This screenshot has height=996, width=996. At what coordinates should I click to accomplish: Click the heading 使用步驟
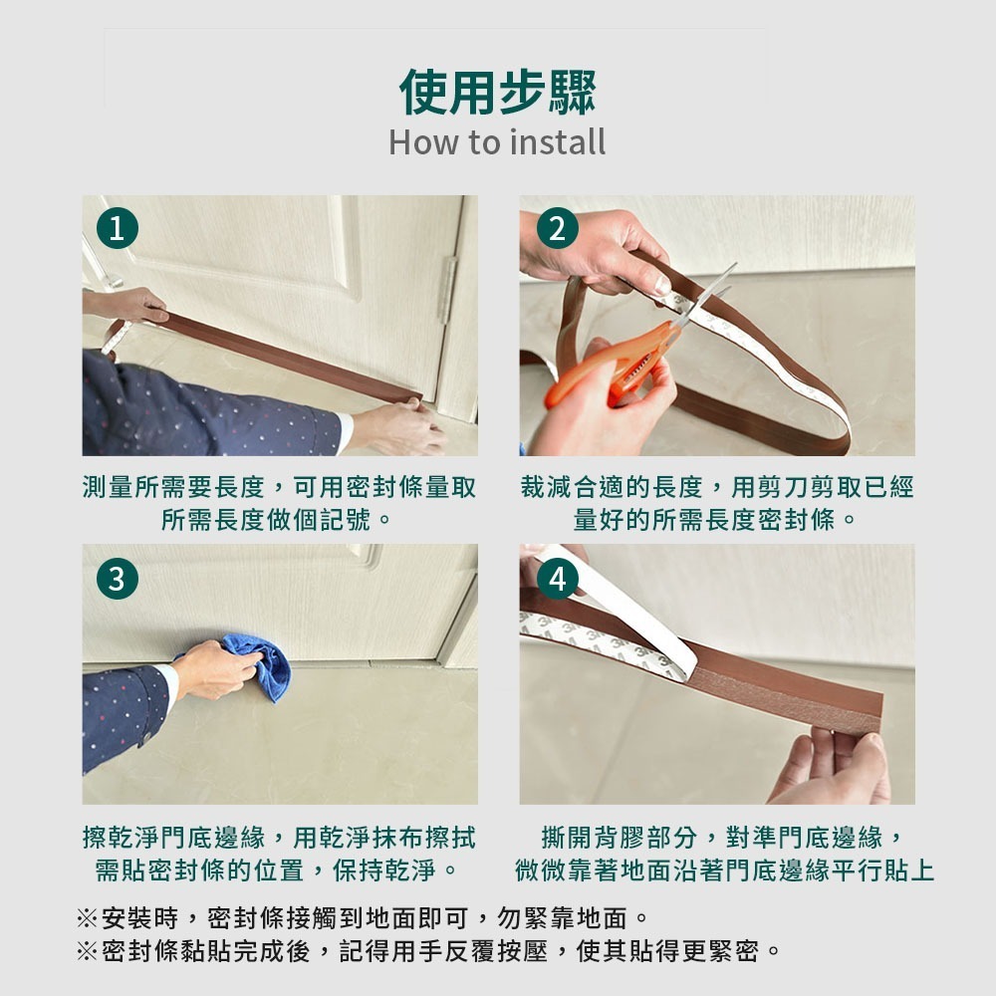tap(497, 93)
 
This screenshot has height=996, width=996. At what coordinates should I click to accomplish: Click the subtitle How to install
tap(497, 142)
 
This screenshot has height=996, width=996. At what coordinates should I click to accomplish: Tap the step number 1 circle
tap(118, 228)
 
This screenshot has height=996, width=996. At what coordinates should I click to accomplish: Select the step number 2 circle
tap(557, 228)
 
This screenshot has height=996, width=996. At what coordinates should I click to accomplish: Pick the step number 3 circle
tap(118, 578)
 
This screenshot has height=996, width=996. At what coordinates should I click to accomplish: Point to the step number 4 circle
tap(557, 578)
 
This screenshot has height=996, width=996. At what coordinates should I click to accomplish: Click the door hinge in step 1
tap(448, 290)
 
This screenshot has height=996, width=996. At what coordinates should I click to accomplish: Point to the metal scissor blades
tap(705, 295)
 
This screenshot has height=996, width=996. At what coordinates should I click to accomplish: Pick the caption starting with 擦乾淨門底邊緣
tap(280, 854)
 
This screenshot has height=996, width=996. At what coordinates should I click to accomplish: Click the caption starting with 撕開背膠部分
tap(724, 854)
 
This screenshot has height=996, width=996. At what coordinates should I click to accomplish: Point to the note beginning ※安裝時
tap(363, 918)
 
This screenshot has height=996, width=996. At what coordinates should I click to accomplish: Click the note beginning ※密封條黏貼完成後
tap(428, 951)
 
